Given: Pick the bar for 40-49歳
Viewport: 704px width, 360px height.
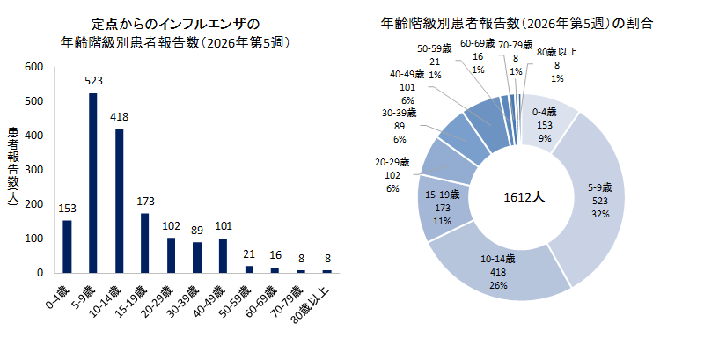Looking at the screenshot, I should tap(223, 255).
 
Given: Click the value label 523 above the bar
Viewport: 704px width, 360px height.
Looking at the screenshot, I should tap(93, 81).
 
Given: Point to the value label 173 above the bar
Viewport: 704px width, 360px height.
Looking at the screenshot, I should tap(145, 202).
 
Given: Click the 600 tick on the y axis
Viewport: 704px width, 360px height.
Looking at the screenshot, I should tap(34, 67).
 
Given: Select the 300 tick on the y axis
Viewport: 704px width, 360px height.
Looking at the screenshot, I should tap(34, 170).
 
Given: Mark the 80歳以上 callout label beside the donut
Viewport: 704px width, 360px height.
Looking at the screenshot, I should tap(557, 65).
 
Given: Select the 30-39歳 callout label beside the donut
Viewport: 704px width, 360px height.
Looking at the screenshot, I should tap(400, 125).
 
